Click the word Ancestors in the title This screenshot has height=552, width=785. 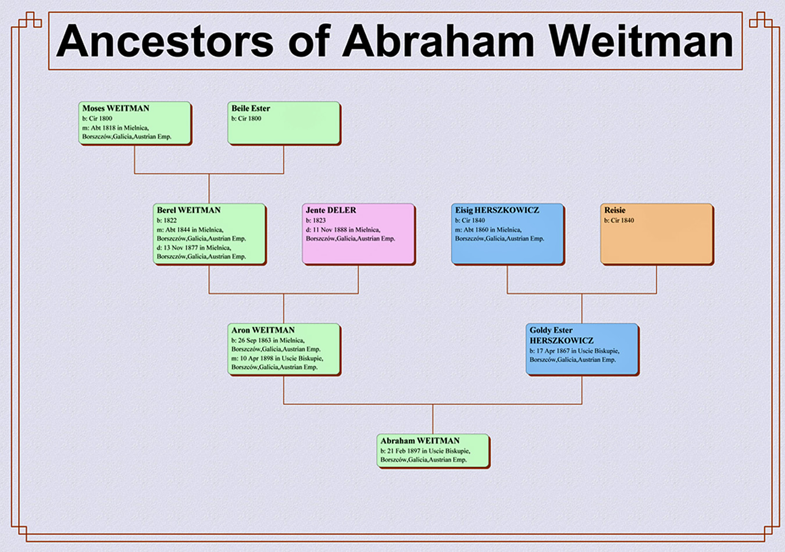click(x=165, y=41)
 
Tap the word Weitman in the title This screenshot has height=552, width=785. click(x=641, y=41)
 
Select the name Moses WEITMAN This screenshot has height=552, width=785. click(x=116, y=108)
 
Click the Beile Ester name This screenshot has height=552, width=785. click(x=251, y=108)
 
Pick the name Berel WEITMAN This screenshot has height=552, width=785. click(x=188, y=210)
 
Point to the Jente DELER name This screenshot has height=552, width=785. click(x=331, y=210)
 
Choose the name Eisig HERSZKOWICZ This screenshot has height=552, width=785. click(x=497, y=210)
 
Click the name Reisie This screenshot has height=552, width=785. click(x=615, y=210)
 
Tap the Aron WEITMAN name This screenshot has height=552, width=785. click(x=263, y=330)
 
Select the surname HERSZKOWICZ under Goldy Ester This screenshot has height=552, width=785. click(x=561, y=340)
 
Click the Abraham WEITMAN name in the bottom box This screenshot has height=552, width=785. click(x=420, y=440)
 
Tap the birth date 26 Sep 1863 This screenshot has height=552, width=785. click(x=254, y=340)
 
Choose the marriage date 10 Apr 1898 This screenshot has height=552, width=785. click(x=256, y=359)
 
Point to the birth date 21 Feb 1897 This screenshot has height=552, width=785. click(x=404, y=451)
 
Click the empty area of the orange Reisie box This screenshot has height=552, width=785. click(x=656, y=243)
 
